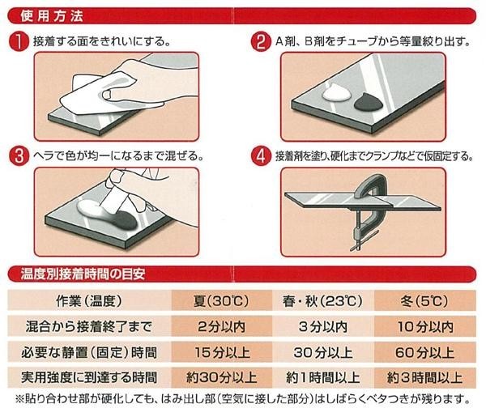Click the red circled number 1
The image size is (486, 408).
click(x=19, y=41)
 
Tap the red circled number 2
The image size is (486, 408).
click(x=261, y=41)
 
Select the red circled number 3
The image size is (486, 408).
click(x=19, y=155)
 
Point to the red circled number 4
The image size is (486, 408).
click(x=261, y=155)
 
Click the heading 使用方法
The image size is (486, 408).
click(x=52, y=16)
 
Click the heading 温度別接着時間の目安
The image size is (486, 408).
click(x=83, y=274)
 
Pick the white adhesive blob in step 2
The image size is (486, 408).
click(x=336, y=92)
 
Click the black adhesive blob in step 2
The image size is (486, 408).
click(x=369, y=102)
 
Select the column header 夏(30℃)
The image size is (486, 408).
click(x=221, y=301)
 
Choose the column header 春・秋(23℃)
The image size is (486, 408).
click(x=322, y=301)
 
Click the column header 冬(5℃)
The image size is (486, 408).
click(x=424, y=301)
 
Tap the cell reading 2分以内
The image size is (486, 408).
click(x=221, y=327)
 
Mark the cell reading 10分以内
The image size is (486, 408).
click(x=425, y=327)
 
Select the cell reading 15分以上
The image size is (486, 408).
click(x=222, y=352)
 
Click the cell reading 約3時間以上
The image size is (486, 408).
click(x=424, y=378)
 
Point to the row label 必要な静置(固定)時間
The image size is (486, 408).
click(x=89, y=352)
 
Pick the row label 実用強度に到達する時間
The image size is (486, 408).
click(x=89, y=378)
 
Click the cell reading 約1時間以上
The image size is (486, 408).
click(x=322, y=378)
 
